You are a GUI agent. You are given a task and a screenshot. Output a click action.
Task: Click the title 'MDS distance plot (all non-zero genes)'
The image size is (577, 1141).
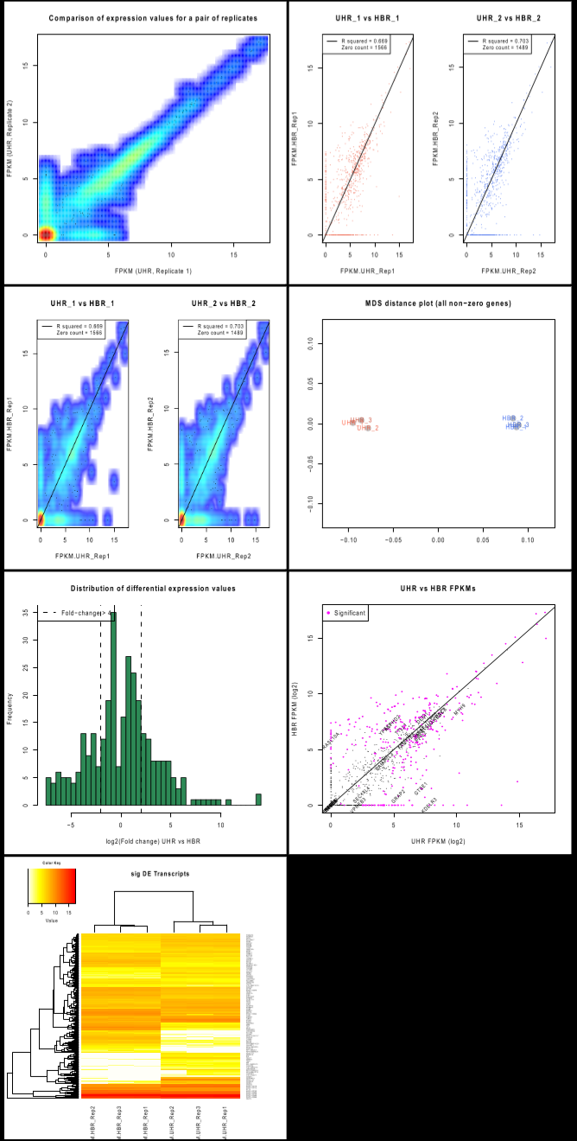(x=432, y=303)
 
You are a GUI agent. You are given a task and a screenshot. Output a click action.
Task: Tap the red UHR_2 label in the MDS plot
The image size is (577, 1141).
(x=368, y=429)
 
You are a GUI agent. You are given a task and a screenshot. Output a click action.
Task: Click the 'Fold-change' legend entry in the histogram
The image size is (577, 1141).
(x=82, y=613)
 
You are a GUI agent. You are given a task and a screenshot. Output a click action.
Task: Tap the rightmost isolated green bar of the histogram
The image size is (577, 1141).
(x=257, y=800)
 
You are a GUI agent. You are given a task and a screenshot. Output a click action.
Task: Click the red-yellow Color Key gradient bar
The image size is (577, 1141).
(x=52, y=886)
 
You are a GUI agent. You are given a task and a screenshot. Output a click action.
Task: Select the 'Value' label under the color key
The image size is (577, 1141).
(x=52, y=921)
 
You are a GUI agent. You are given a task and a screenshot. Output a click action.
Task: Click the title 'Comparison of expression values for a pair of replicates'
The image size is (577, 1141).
(x=144, y=18)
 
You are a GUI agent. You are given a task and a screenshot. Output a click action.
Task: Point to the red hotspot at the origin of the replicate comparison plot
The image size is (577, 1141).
(x=47, y=234)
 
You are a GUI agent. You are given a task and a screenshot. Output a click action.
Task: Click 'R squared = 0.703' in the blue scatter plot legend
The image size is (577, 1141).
(x=498, y=41)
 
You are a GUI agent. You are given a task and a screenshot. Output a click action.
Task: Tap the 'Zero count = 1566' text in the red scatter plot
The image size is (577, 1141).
(x=357, y=48)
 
